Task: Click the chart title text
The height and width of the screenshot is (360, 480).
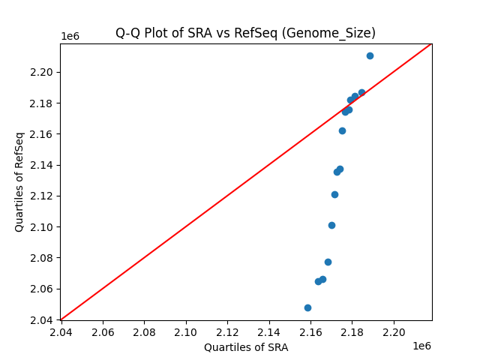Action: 245,33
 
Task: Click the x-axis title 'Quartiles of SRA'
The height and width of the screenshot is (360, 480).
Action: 245,347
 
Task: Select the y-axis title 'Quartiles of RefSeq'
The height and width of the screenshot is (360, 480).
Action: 20,181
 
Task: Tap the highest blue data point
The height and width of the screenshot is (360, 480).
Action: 370,55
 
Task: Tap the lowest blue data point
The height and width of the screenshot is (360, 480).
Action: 307,307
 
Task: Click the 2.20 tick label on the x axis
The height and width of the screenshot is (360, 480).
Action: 394,331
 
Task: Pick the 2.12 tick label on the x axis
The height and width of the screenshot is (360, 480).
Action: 227,331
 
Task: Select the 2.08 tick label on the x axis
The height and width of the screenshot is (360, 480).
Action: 144,331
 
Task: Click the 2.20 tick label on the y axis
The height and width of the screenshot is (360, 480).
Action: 42,73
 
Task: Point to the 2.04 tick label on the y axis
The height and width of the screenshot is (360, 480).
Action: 42,320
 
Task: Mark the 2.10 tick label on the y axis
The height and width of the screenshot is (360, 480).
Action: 42,227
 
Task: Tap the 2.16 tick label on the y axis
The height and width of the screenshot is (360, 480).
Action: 42,134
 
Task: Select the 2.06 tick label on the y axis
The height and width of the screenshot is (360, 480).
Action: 42,289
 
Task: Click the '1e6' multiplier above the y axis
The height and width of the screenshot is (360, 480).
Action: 70,37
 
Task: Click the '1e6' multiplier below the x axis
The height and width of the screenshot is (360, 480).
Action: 421,346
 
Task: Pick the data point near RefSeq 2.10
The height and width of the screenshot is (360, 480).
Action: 331,225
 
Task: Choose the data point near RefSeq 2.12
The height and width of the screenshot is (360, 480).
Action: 334,194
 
